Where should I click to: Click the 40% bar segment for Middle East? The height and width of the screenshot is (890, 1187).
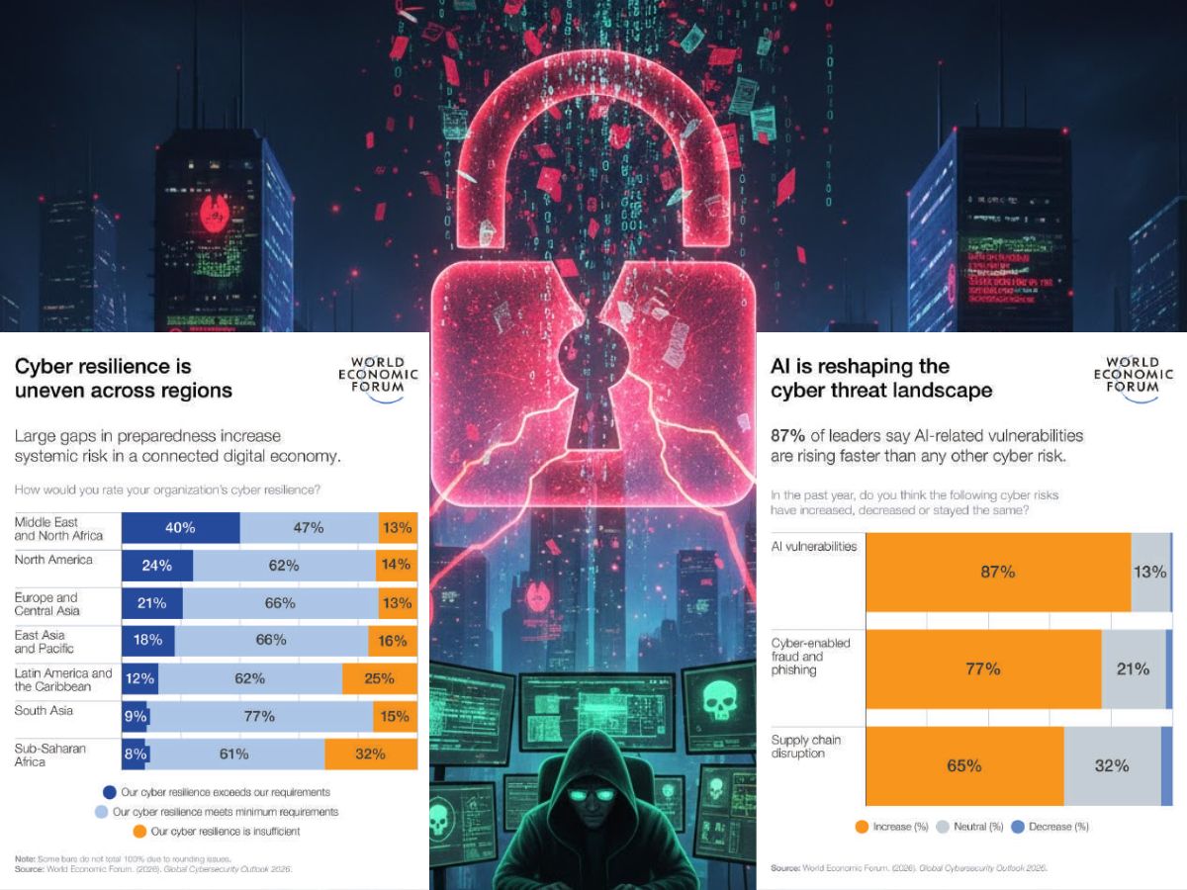pyautogui.click(x=180, y=528)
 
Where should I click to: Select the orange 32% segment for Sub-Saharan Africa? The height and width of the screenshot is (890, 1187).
pyautogui.click(x=370, y=755)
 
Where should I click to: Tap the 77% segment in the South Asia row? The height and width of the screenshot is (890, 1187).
pyautogui.click(x=259, y=717)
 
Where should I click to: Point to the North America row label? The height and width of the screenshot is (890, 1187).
pyautogui.click(x=53, y=560)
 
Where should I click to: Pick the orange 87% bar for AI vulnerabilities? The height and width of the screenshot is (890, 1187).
pyautogui.click(x=997, y=572)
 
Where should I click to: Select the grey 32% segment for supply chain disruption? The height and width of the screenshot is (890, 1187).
pyautogui.click(x=1112, y=765)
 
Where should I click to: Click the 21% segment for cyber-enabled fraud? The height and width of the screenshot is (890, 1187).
pyautogui.click(x=1133, y=669)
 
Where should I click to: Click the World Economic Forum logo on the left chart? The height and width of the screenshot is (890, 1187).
pyautogui.click(x=378, y=375)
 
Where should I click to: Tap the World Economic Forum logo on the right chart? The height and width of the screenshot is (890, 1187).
pyautogui.click(x=1133, y=375)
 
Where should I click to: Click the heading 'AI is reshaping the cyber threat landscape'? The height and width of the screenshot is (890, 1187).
pyautogui.click(x=880, y=379)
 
